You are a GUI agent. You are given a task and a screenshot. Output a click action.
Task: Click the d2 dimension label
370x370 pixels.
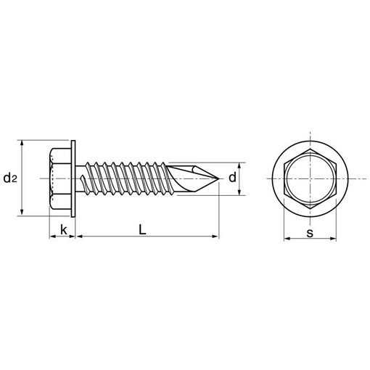(x=10, y=178)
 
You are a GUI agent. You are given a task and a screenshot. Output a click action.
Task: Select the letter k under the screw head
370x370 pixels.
(x=64, y=229)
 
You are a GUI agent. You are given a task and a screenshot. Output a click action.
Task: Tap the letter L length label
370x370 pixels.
(x=142, y=229)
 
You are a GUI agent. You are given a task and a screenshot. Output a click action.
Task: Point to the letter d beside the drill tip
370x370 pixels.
(x=232, y=178)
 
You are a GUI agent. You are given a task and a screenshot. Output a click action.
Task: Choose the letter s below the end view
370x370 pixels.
(x=310, y=233)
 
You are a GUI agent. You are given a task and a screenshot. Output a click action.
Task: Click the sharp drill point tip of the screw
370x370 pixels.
(x=219, y=178)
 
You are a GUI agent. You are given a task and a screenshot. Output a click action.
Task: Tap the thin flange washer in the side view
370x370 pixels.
(x=73, y=178)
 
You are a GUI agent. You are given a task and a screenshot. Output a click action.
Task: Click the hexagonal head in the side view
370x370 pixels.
(x=60, y=178)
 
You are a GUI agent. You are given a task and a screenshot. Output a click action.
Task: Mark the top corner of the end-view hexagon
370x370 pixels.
(x=311, y=149)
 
